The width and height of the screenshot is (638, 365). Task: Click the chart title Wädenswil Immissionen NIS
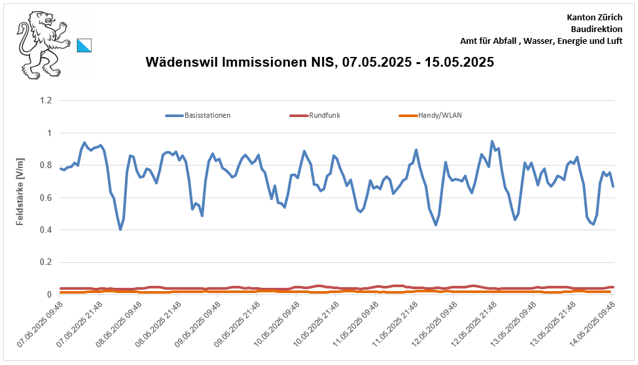pyautogui.click(x=319, y=63)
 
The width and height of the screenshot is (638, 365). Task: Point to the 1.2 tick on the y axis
pyautogui.click(x=46, y=101)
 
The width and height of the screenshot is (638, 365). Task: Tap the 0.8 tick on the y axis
pyautogui.click(x=46, y=165)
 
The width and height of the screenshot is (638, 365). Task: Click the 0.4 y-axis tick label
pyautogui.click(x=46, y=230)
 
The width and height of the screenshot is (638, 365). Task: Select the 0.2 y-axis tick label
pyautogui.click(x=46, y=262)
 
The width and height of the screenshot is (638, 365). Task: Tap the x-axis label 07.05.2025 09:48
pyautogui.click(x=41, y=326)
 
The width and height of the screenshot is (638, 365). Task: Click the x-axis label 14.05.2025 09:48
pyautogui.click(x=592, y=326)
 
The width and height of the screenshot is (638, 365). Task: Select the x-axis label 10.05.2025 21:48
pyautogui.click(x=316, y=326)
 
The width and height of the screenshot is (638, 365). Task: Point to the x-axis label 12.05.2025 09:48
pyautogui.click(x=434, y=326)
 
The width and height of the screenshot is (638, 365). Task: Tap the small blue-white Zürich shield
pyautogui.click(x=84, y=44)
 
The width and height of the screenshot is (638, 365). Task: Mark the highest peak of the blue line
pyautogui.click(x=492, y=141)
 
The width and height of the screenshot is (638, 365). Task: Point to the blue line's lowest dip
pyautogui.click(x=120, y=230)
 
